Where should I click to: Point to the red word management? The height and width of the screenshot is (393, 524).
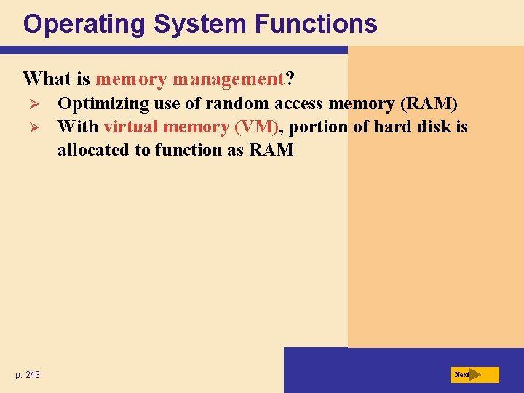(228, 78)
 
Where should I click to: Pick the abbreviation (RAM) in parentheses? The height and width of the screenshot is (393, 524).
(429, 103)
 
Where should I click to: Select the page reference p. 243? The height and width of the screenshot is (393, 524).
(28, 375)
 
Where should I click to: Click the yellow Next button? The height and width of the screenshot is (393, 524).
(475, 375)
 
